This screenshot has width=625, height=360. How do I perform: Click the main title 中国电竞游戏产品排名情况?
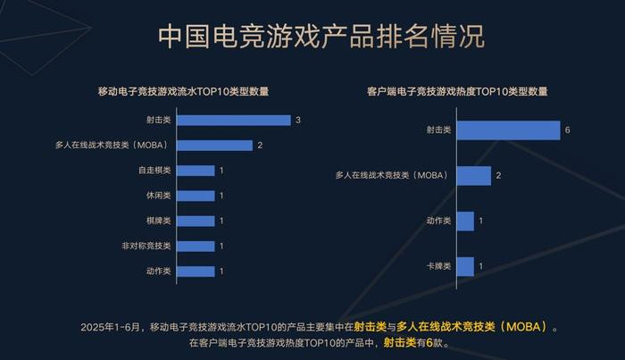coord(321,36)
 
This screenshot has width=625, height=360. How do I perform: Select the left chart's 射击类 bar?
coord(234,121)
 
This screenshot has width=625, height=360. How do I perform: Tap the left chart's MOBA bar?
coord(215,146)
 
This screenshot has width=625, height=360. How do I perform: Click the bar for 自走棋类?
coord(196,171)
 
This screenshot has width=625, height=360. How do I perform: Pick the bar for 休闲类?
coord(196,196)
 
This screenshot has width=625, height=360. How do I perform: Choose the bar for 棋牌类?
coord(196,221)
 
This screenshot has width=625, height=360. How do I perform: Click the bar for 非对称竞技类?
coord(196,246)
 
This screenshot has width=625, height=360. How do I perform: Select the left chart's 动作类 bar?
coord(196,272)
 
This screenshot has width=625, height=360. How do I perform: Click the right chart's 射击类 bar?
coord(509,130)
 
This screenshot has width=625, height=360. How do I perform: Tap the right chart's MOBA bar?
coord(474,175)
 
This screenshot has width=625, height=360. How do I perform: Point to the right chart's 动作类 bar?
coord(465,221)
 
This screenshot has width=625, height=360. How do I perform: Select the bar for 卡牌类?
coord(465,267)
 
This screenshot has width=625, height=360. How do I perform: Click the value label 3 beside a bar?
coord(298,120)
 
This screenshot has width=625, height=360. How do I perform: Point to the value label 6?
coord(567,130)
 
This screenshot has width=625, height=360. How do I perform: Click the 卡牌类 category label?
coord(438,266)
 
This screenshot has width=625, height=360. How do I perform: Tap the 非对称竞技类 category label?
coord(146,246)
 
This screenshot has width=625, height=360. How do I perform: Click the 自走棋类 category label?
coord(154,171)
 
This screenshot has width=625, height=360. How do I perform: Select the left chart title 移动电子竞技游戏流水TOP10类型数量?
coord(183,91)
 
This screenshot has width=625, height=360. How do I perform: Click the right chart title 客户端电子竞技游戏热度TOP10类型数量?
coord(457,91)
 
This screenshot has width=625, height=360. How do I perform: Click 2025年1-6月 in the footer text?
coord(111,327)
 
